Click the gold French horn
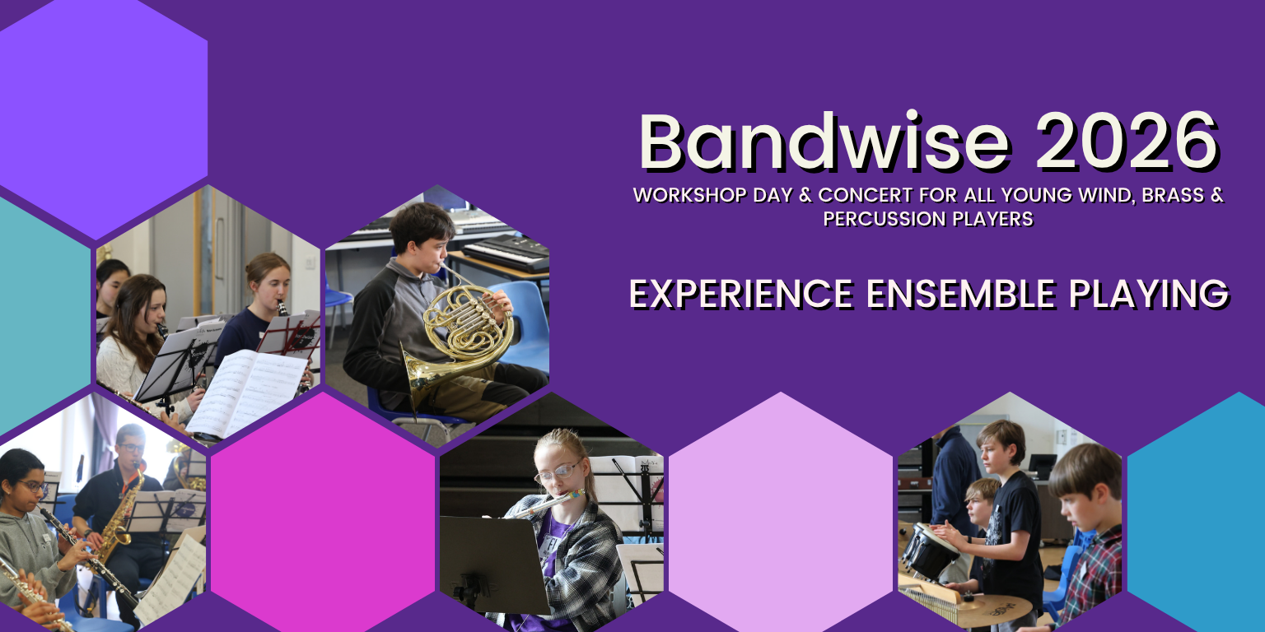457,338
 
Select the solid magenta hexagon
323,512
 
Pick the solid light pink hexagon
781,512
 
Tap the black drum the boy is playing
929,551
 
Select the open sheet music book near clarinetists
249,393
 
